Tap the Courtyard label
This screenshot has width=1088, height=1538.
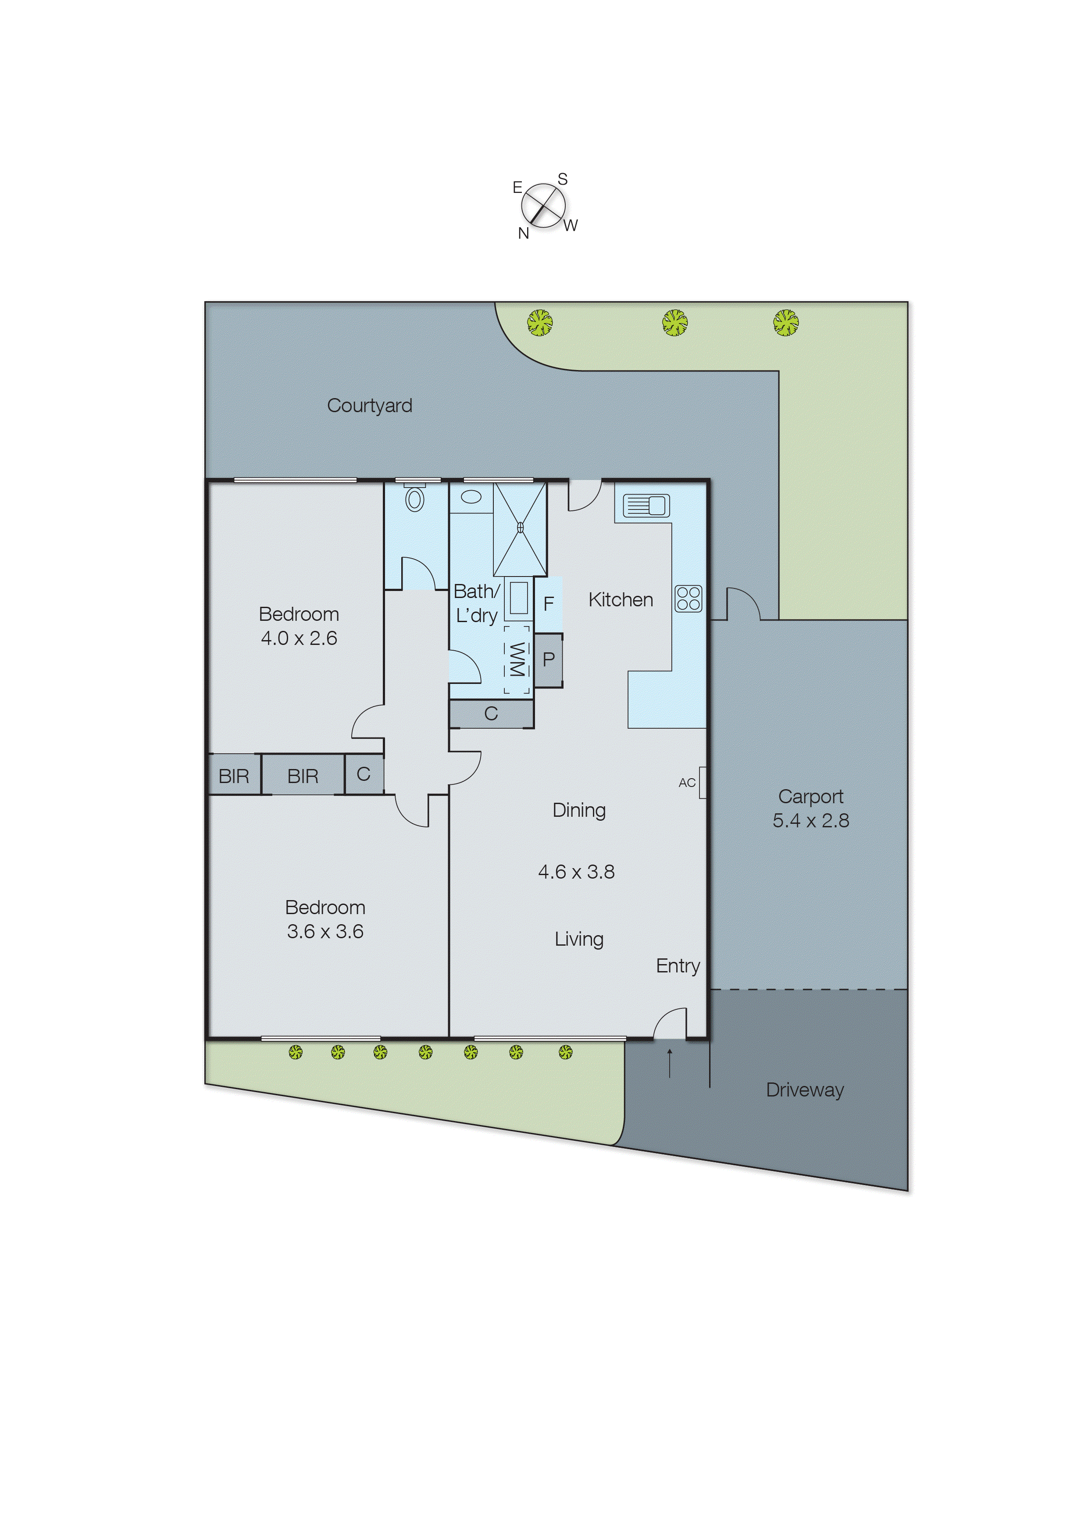click(x=369, y=406)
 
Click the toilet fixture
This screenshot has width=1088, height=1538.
click(x=415, y=498)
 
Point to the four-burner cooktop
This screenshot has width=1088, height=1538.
click(x=688, y=598)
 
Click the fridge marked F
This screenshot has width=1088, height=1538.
click(x=548, y=604)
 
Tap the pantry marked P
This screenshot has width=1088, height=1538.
click(x=548, y=660)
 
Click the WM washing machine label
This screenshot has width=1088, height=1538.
click(x=517, y=660)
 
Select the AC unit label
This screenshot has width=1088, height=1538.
click(x=687, y=783)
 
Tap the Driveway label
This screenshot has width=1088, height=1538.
click(x=805, y=1090)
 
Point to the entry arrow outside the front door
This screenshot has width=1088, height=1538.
click(x=669, y=1063)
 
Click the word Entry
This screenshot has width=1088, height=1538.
click(x=678, y=966)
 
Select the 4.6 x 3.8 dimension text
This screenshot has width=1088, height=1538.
click(x=576, y=872)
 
